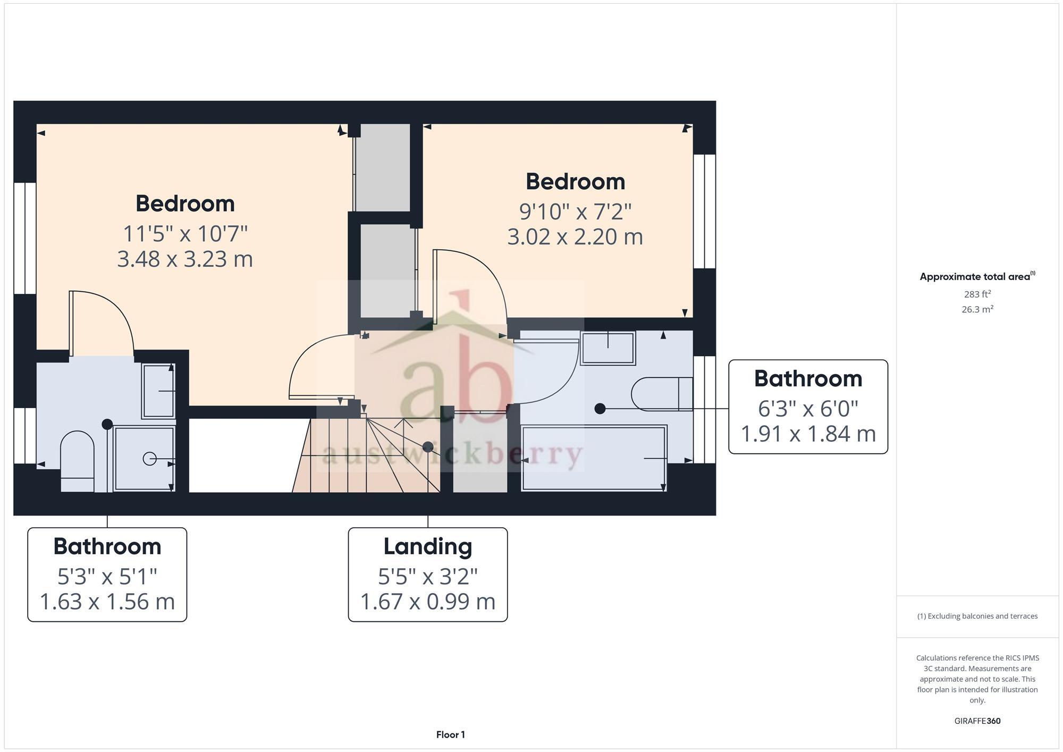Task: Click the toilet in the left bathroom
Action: [78, 460]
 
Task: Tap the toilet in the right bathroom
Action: [662, 394]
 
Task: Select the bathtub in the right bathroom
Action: [594, 458]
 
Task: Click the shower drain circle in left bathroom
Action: [149, 458]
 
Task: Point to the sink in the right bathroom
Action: [608, 348]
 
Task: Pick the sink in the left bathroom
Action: [158, 391]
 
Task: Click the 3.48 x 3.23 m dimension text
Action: [185, 259]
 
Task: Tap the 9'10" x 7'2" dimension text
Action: [575, 212]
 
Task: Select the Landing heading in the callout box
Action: [428, 546]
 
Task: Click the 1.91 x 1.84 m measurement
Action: [808, 434]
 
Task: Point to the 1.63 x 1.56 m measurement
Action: [107, 602]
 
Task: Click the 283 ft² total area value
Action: [977, 294]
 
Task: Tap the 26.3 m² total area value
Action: [977, 309]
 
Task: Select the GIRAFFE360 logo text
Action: [977, 721]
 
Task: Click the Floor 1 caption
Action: [451, 735]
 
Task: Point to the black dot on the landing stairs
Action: [428, 447]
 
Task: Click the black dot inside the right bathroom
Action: [600, 409]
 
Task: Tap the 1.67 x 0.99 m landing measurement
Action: [428, 602]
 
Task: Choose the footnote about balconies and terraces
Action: [977, 616]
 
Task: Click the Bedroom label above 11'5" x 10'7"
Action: [185, 204]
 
